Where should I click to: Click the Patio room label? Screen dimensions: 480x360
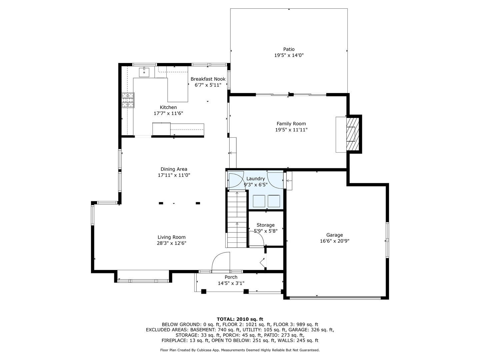(x=289, y=49)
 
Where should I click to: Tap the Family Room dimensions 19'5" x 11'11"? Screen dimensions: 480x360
(x=291, y=130)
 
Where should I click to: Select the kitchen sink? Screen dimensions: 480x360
(x=144, y=72)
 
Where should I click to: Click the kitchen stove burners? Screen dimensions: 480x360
(x=128, y=100)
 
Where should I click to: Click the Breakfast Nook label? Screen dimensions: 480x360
(x=208, y=79)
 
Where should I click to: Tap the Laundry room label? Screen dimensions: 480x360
(x=255, y=179)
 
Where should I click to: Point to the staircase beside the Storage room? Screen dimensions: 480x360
(x=237, y=219)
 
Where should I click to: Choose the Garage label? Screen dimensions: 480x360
(x=334, y=235)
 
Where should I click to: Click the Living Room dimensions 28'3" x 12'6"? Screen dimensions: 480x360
(x=171, y=243)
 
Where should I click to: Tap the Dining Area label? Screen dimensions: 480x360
(x=174, y=169)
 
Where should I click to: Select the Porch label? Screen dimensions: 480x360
(x=231, y=277)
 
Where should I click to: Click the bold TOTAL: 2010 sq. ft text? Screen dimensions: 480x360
(x=240, y=319)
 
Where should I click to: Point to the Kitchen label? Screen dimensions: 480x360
(x=168, y=107)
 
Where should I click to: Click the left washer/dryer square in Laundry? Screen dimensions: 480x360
(x=259, y=201)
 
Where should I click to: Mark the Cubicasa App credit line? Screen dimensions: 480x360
(x=240, y=350)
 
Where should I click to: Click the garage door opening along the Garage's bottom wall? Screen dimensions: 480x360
(x=335, y=297)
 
